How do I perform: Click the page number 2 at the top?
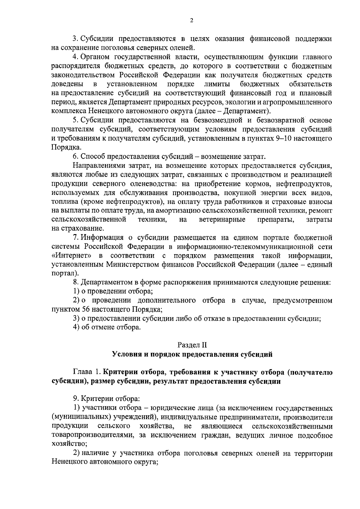(192, 20)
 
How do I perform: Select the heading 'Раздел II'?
(192, 345)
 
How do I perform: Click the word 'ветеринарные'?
(222, 220)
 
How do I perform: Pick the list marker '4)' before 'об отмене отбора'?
(77, 327)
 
